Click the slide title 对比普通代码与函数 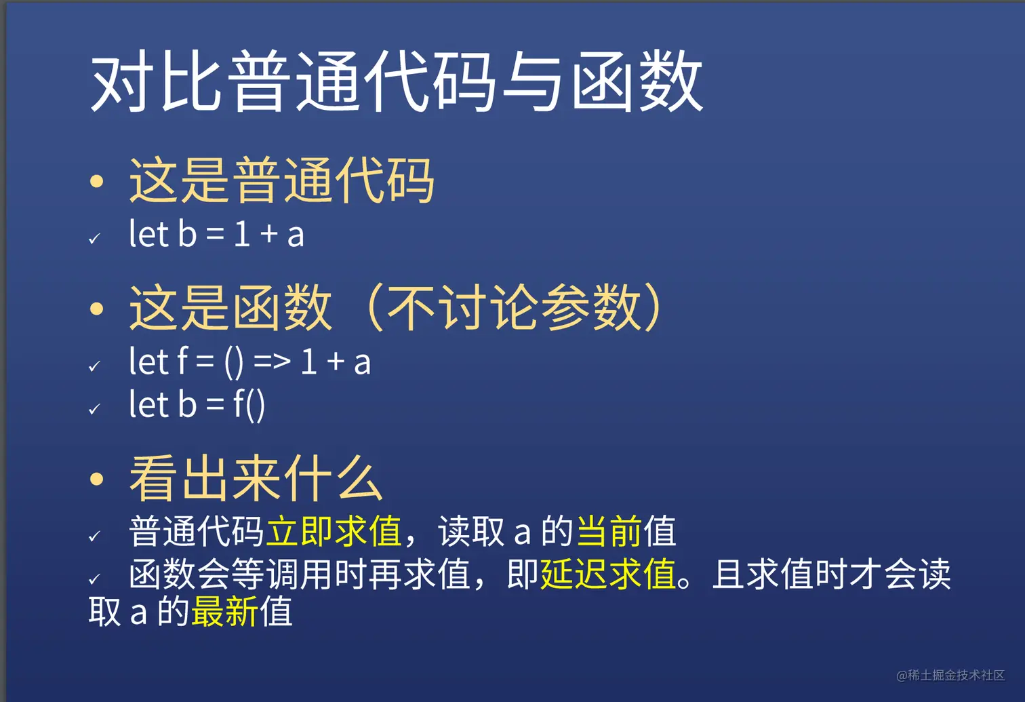click(x=397, y=81)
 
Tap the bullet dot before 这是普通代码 click(x=96, y=181)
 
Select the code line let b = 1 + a click(x=216, y=233)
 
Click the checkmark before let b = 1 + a click(x=95, y=238)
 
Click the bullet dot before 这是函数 click(x=96, y=309)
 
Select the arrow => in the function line click(x=273, y=362)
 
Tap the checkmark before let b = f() click(x=95, y=408)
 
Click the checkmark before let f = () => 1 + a click(x=95, y=366)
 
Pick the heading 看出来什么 click(x=256, y=479)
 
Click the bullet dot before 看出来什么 click(x=96, y=480)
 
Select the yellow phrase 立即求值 click(x=334, y=531)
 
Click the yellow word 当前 click(x=609, y=531)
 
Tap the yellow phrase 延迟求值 click(x=608, y=574)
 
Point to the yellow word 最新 click(x=224, y=611)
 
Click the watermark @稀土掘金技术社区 click(x=950, y=675)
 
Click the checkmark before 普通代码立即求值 click(x=95, y=536)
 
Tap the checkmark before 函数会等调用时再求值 click(x=95, y=579)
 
